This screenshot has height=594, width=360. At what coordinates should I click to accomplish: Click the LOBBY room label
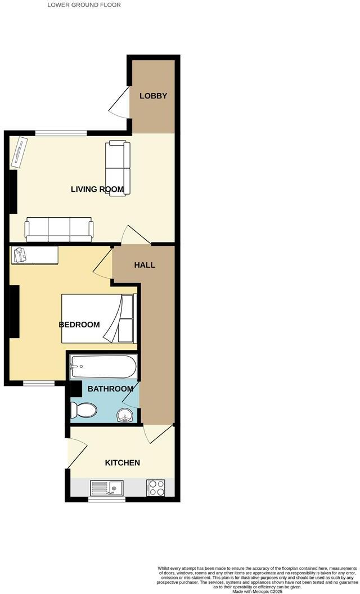pyautogui.click(x=154, y=96)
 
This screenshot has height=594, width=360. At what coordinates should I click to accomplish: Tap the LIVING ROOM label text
pyautogui.click(x=97, y=189)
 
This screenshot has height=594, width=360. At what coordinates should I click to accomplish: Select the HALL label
pyautogui.click(x=145, y=265)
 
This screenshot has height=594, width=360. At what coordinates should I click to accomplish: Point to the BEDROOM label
pyautogui.click(x=79, y=325)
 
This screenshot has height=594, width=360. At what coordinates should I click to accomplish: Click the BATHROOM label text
pyautogui.click(x=110, y=389)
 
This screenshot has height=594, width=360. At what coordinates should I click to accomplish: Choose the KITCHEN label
pyautogui.click(x=123, y=463)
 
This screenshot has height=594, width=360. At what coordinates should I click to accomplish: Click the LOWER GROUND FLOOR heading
pyautogui.click(x=84, y=4)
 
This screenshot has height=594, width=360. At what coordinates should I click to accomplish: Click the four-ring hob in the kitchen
pyautogui.click(x=155, y=487)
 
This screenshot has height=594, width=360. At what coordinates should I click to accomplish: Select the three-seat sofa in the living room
pyautogui.click(x=58, y=229)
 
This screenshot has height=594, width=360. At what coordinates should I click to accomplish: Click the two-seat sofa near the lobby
pyautogui.click(x=118, y=167)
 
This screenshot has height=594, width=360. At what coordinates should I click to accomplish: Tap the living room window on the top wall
pyautogui.click(x=61, y=133)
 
